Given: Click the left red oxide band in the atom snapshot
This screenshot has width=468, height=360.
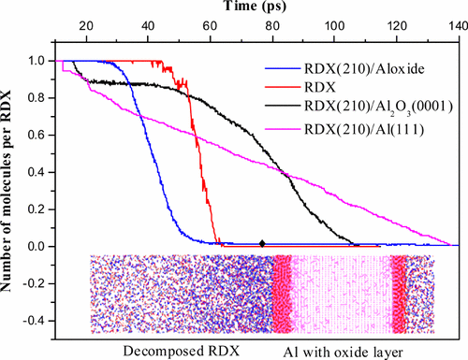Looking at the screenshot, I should [x=282, y=295].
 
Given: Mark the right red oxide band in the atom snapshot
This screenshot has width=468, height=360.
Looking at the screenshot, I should [x=402, y=295].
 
